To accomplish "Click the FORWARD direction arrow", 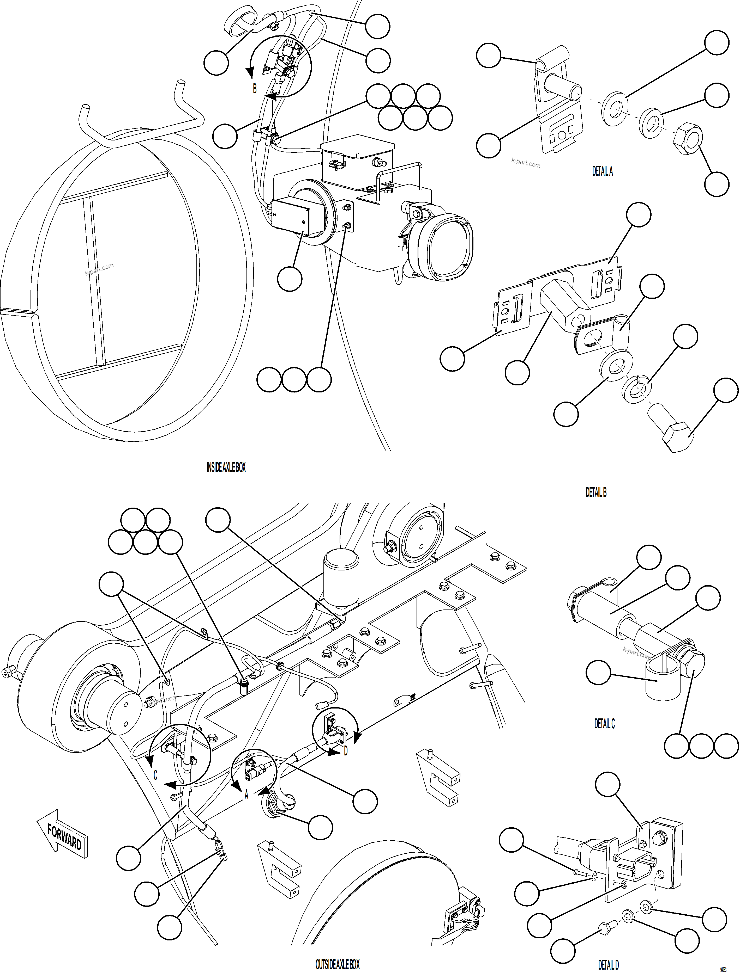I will (x=63, y=835).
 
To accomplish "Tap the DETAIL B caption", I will (x=596, y=492).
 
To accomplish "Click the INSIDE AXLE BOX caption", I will (x=226, y=468).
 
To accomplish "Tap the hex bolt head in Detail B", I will (x=677, y=436).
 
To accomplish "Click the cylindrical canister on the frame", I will (x=341, y=578).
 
